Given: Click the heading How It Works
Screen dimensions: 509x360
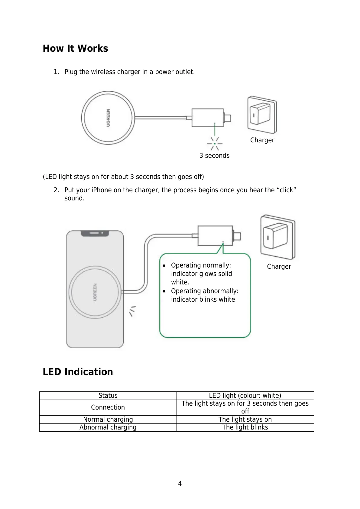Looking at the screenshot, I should click(75, 49).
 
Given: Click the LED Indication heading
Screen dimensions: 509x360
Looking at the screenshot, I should click(78, 372).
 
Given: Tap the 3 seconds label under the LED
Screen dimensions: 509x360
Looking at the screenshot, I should click(214, 156).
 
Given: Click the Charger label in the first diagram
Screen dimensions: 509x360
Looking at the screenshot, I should click(262, 140).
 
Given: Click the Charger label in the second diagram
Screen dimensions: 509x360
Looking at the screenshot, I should click(279, 267).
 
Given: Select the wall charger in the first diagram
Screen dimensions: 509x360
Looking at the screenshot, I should click(262, 115).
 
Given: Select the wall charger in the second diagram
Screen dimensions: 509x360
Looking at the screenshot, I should click(277, 237).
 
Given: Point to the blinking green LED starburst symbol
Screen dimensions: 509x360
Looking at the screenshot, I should click(215, 144).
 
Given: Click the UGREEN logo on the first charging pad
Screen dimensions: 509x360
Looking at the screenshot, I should click(108, 118).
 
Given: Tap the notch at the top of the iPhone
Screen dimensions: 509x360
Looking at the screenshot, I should click(95, 233).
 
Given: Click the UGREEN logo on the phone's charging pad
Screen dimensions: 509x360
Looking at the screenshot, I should click(95, 292).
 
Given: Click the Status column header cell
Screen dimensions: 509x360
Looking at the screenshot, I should click(108, 396).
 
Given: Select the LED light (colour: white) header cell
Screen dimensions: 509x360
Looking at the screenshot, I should click(245, 396).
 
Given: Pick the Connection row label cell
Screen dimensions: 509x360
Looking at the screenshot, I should click(108, 407).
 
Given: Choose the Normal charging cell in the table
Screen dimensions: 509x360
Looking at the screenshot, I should click(108, 420).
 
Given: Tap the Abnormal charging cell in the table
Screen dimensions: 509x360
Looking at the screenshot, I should click(108, 427).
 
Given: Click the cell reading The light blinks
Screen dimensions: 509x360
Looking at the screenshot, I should click(245, 427).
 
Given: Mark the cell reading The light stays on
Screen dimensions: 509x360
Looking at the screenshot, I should click(245, 420).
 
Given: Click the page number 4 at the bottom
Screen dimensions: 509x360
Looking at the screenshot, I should click(180, 484).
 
